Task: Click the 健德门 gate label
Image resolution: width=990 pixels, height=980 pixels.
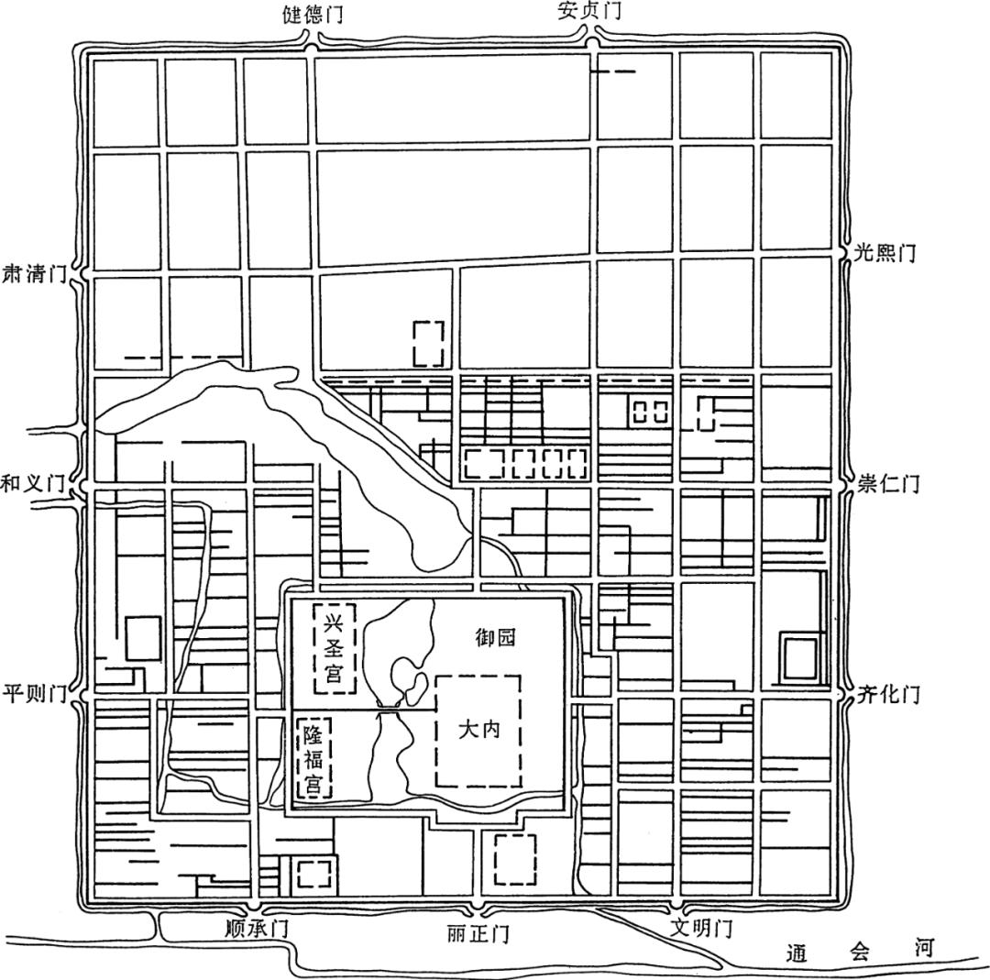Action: (313, 14)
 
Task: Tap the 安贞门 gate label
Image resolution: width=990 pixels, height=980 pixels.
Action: (589, 11)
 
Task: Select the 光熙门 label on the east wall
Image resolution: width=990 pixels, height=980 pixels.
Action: (885, 253)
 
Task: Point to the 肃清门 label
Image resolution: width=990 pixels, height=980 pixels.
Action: (36, 274)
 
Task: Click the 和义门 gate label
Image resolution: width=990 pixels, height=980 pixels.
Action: (33, 484)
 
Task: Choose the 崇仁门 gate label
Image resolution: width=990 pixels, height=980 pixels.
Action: (888, 484)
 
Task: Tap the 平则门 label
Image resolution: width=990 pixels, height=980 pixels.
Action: (35, 694)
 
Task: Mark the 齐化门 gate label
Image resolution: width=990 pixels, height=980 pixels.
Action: (888, 695)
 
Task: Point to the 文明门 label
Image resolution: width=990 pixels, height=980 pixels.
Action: (701, 929)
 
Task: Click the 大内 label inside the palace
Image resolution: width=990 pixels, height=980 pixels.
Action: (479, 730)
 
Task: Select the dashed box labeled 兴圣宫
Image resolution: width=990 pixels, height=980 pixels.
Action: (335, 648)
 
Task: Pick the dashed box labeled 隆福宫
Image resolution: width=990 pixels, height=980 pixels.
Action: (313, 758)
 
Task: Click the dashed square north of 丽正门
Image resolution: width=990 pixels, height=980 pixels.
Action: (516, 859)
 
